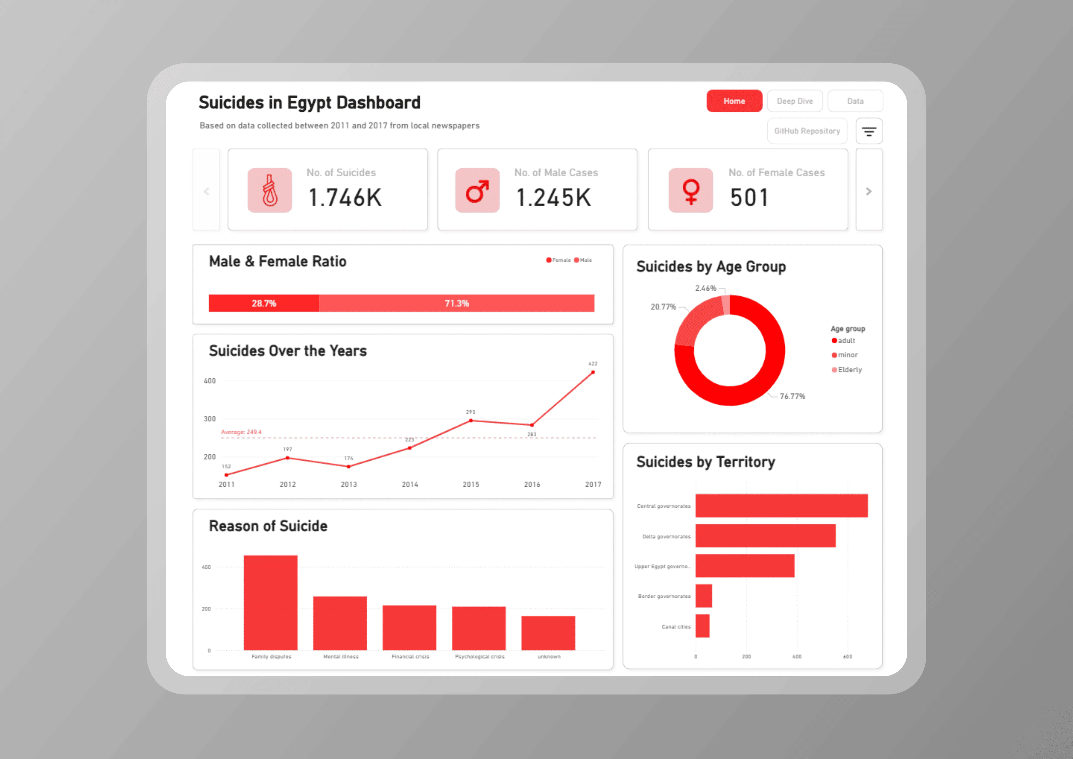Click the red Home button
pos(734,101)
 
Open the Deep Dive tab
pos(794,101)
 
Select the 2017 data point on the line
pos(593,373)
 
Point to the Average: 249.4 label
pos(241,432)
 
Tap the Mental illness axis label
pos(341,657)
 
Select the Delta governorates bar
pos(765,535)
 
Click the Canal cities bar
pos(703,626)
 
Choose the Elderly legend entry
pos(849,370)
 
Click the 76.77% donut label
pos(792,396)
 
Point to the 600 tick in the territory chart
pos(847,657)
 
